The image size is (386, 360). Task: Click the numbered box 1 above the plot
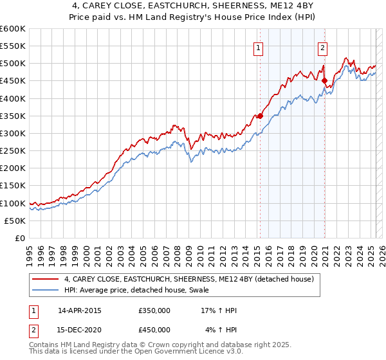click(258, 47)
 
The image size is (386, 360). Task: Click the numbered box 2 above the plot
click(322, 47)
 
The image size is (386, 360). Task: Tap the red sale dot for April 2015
click(260, 116)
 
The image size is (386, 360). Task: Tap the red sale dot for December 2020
click(325, 81)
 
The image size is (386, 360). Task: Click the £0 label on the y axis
click(20, 239)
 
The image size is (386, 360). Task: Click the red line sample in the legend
click(46, 279)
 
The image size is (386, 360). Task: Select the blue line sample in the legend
click(46, 290)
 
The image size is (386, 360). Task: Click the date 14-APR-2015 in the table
click(80, 310)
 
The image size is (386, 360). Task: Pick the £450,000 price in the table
click(154, 330)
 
